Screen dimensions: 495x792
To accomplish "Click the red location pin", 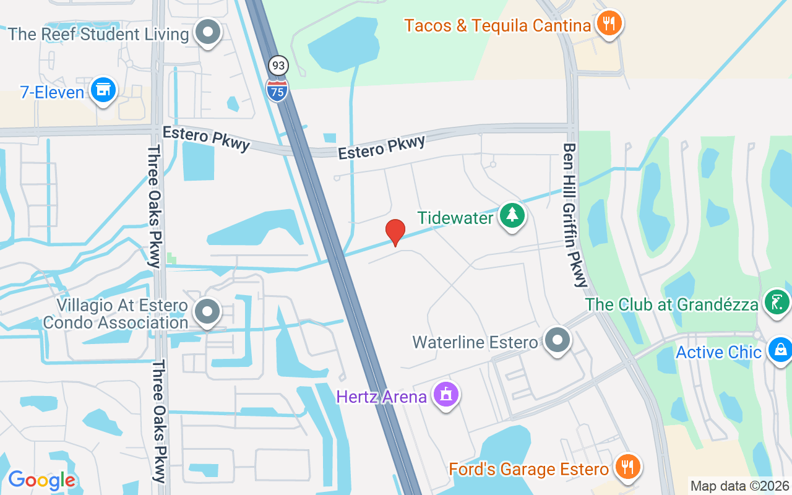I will coord(395,231).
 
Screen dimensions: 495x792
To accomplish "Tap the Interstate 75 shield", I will coord(277,90).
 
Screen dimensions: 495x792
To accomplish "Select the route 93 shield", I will coord(278,65).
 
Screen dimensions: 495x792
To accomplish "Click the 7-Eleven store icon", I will coord(103,90).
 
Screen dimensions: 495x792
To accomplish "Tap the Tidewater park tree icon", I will coord(512,216).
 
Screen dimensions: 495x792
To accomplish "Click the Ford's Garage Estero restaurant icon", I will coord(628,467).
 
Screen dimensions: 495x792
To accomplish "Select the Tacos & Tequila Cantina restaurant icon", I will coord(609,24).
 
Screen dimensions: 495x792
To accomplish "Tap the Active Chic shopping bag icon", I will coord(780,350).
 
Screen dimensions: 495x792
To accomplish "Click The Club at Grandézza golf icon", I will coord(776,303).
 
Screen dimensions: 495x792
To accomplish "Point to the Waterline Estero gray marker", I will coord(557,340).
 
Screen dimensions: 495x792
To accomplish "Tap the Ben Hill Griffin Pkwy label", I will coord(575,215).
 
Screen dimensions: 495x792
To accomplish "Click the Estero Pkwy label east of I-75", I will coord(382,147).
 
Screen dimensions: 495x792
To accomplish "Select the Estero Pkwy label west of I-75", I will coord(206,137).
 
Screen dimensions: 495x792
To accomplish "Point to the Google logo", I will coord(41,480).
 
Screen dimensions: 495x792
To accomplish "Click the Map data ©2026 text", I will coord(740,486).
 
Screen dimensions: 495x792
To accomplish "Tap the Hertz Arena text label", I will coord(382,396).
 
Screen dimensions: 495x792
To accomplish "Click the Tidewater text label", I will coord(455,218).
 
